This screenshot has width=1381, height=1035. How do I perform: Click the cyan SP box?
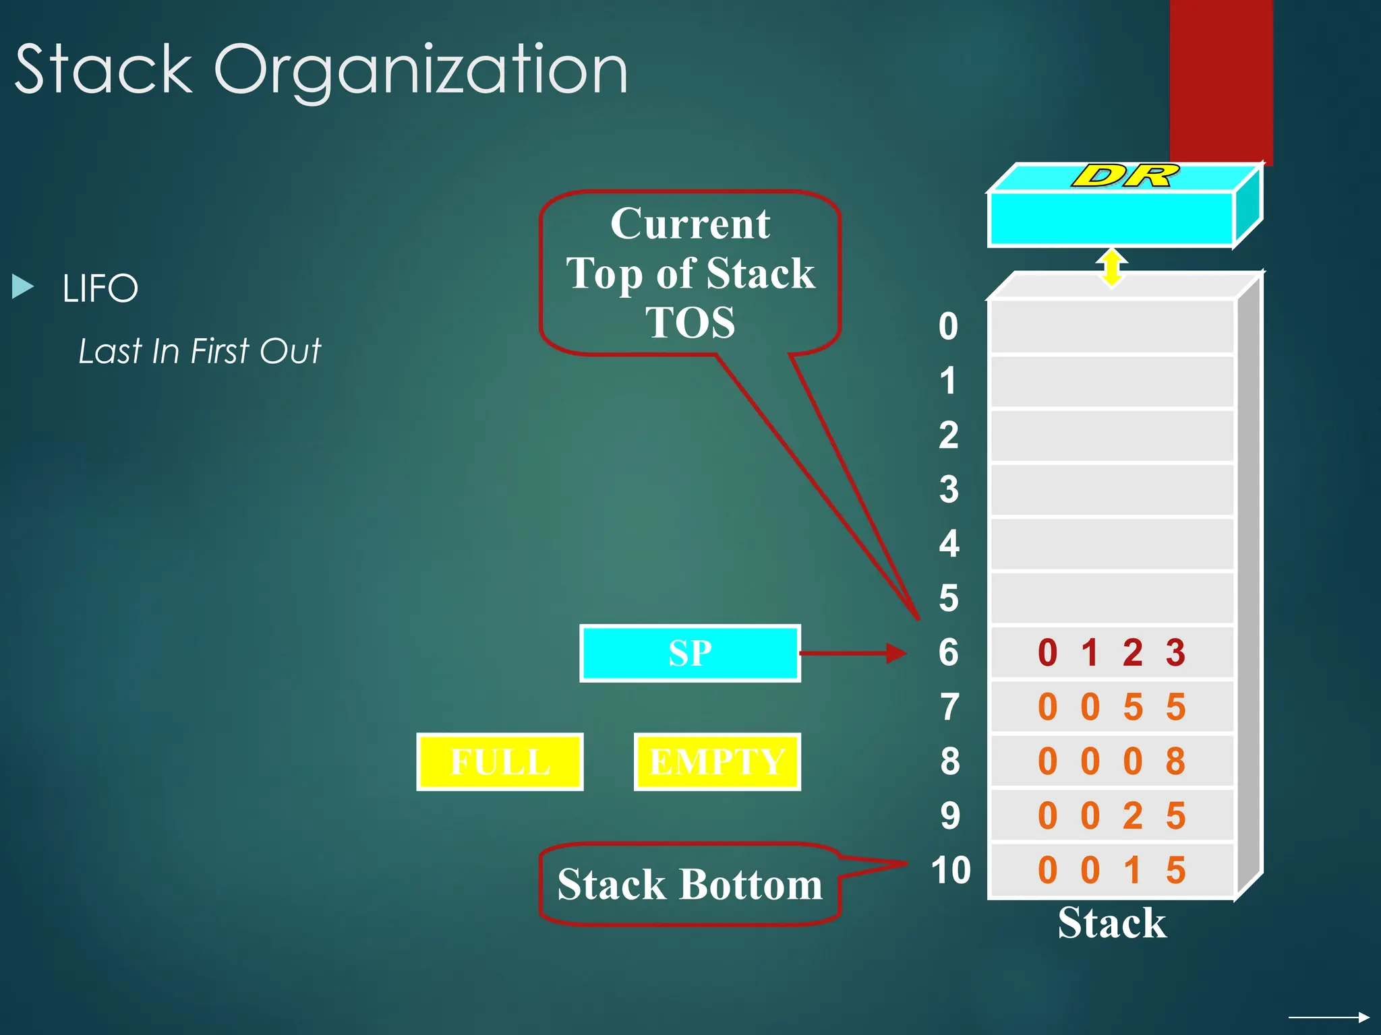[x=690, y=653]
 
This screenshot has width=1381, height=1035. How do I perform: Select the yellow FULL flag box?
[x=500, y=761]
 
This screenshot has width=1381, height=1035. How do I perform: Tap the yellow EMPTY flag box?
[x=717, y=761]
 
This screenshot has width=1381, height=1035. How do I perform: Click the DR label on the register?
[x=1125, y=176]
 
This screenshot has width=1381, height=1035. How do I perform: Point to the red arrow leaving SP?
[x=853, y=653]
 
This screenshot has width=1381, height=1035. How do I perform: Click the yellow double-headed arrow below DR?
[x=1111, y=268]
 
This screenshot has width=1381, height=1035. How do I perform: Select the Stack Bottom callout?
[x=689, y=884]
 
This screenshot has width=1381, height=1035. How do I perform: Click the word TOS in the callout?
[x=690, y=323]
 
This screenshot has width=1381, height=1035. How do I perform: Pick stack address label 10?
[x=950, y=870]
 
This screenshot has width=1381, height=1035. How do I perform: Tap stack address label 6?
[x=948, y=652]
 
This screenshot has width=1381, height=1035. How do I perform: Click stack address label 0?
[x=948, y=326]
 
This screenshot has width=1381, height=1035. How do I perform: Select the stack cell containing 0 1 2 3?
[x=1111, y=652]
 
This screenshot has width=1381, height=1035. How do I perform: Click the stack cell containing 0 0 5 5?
[x=1111, y=707]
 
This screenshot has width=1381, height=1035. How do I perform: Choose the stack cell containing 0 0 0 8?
[x=1111, y=761]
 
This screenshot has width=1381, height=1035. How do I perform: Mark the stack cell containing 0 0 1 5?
[x=1111, y=870]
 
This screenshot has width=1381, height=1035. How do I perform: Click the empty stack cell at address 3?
[x=1111, y=490]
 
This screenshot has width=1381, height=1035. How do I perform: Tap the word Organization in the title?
[x=421, y=70]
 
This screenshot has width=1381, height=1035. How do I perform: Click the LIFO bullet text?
[x=100, y=288]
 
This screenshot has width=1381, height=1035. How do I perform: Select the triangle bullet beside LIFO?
[x=22, y=286]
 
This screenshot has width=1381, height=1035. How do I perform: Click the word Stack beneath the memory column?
[x=1111, y=922]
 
